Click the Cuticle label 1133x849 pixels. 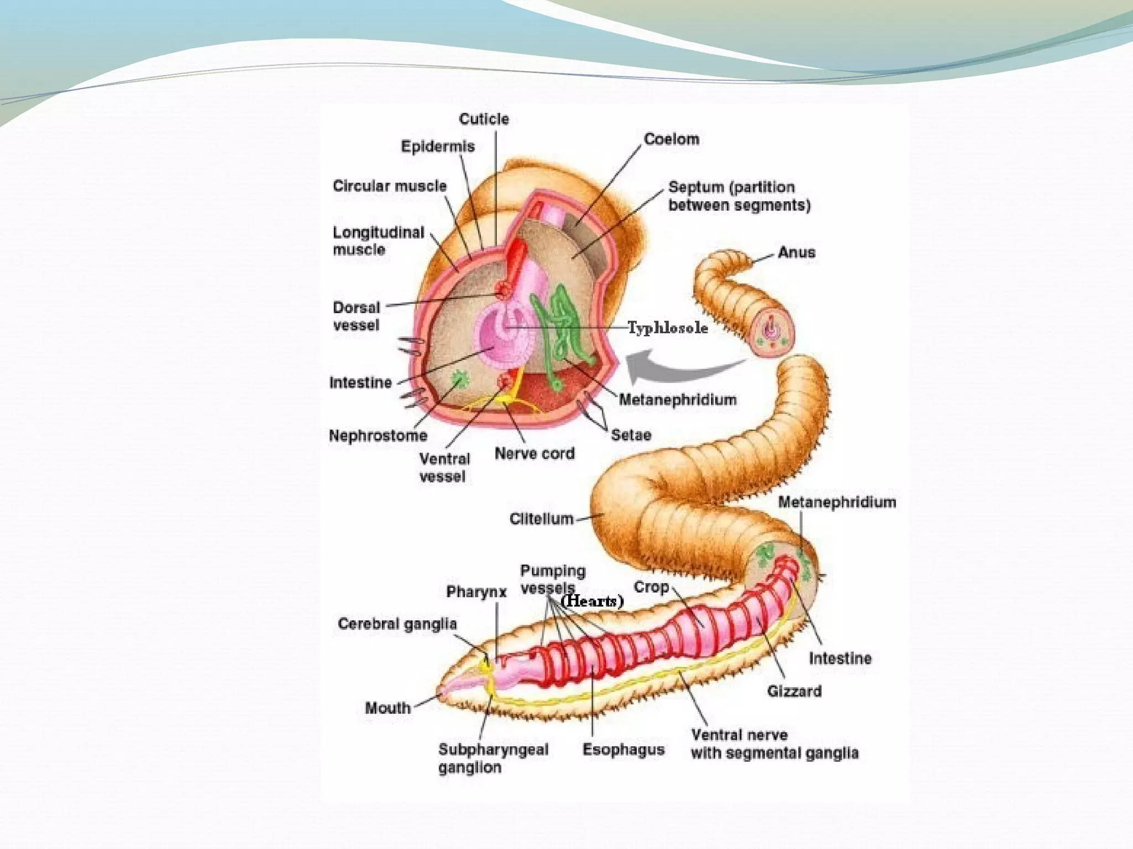pyautogui.click(x=484, y=119)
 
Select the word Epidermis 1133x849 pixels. pyautogui.click(x=438, y=146)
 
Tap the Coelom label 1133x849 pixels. pyautogui.click(x=671, y=139)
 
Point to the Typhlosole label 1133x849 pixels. pyautogui.click(x=668, y=328)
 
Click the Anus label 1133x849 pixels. pyautogui.click(x=796, y=253)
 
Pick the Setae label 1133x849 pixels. pyautogui.click(x=631, y=435)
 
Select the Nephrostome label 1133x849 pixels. pyautogui.click(x=378, y=436)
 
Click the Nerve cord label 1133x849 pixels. pyautogui.click(x=534, y=454)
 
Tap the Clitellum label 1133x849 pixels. pyautogui.click(x=541, y=518)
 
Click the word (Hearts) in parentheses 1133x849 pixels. pyautogui.click(x=593, y=601)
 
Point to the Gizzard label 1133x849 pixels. pyautogui.click(x=794, y=691)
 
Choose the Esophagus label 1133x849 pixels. pyautogui.click(x=623, y=750)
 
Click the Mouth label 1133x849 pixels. pyautogui.click(x=388, y=707)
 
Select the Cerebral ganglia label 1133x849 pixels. pyautogui.click(x=397, y=624)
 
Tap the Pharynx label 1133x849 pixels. pyautogui.click(x=476, y=592)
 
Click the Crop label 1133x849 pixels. pyautogui.click(x=651, y=587)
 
